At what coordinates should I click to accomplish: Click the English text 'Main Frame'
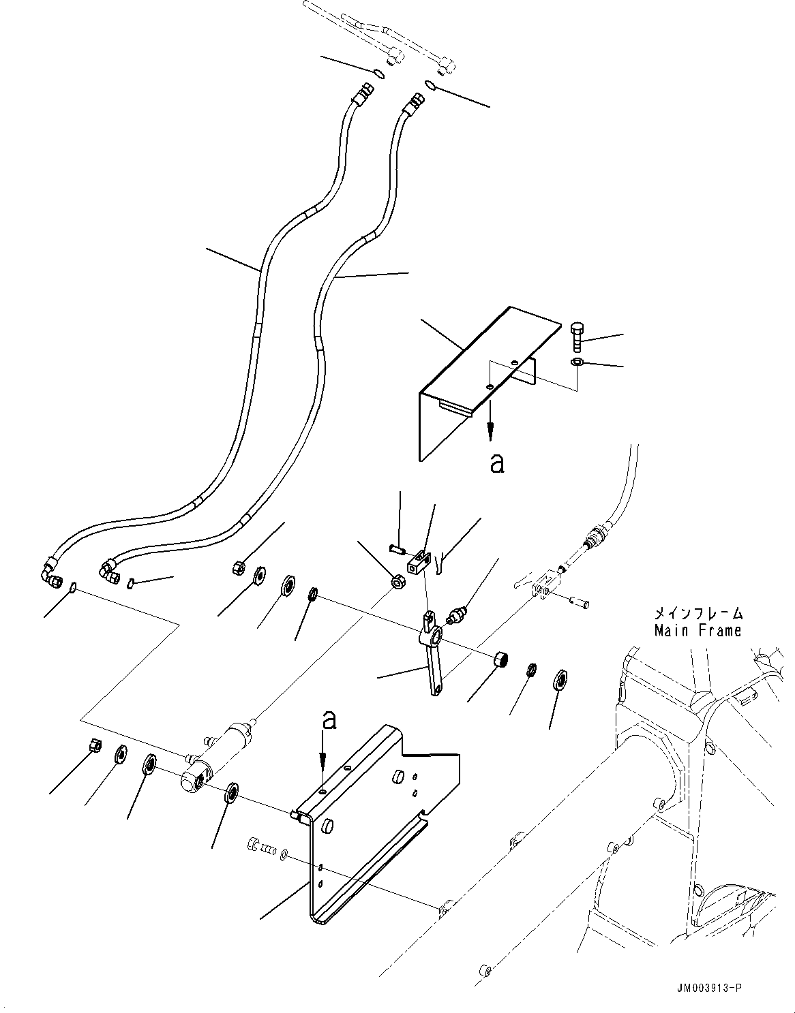(697, 631)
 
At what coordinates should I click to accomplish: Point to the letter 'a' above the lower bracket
(330, 721)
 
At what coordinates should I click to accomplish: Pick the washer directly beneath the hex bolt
(577, 361)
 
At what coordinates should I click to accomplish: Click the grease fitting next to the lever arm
(456, 614)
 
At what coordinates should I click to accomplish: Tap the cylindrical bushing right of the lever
(502, 659)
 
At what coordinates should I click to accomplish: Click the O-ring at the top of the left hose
(378, 72)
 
